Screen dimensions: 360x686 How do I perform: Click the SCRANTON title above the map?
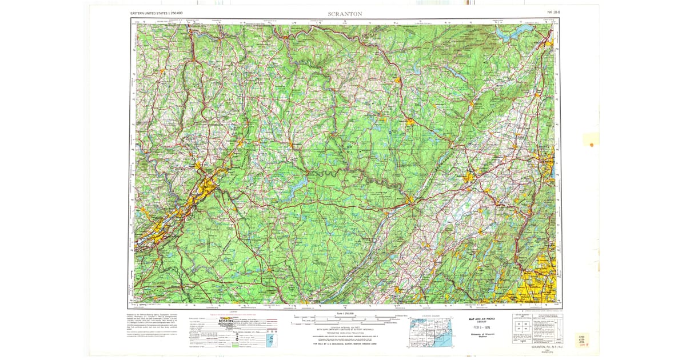[x=345, y=13]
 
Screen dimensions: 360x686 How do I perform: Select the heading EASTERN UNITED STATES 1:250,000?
[x=156, y=13]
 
